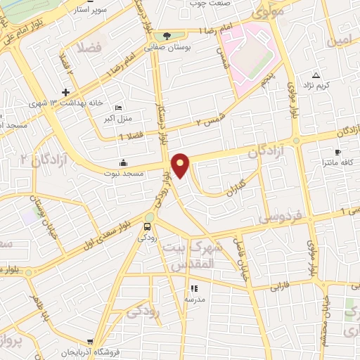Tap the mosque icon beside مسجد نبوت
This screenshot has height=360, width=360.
coord(124,162)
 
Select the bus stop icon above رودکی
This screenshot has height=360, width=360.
coord(148,226)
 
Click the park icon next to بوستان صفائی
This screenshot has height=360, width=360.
coord(167,36)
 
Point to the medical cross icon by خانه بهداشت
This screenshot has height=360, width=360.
coord(65,92)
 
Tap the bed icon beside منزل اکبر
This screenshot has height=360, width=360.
coord(117,107)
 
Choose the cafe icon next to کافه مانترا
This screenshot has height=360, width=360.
coord(338,152)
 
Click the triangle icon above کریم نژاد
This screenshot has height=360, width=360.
coord(316,75)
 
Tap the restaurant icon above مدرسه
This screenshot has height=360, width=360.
coord(193,288)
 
